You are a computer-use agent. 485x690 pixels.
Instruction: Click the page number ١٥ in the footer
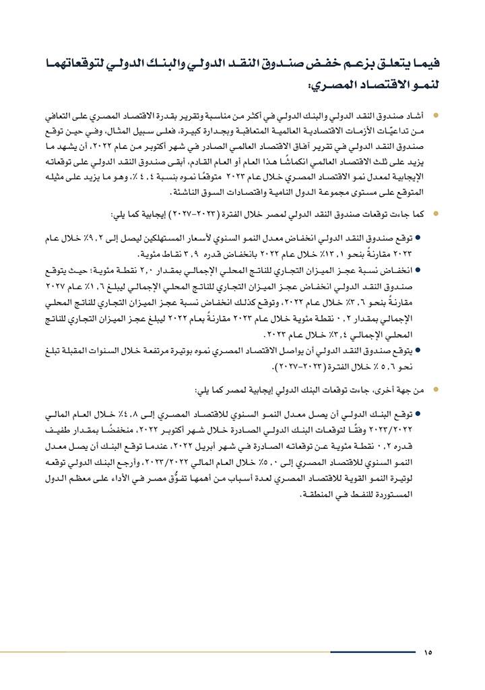point(428,652)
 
